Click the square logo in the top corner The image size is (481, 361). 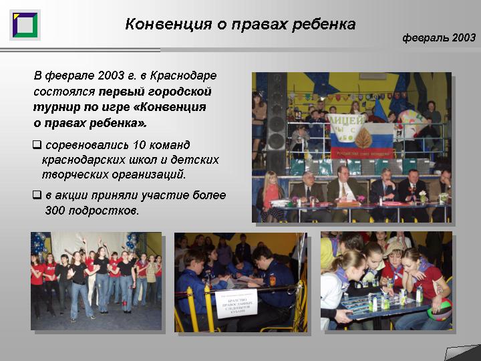(x=25, y=25)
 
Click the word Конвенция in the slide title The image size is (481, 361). (x=168, y=24)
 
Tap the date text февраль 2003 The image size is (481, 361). (x=439, y=37)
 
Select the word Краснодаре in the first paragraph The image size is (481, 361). (x=184, y=76)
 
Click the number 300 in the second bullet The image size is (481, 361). (x=55, y=211)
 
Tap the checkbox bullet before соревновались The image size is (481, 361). (x=37, y=144)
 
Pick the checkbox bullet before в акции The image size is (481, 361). (x=37, y=195)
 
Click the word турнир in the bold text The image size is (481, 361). (x=56, y=108)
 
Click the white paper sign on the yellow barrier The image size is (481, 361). (x=236, y=303)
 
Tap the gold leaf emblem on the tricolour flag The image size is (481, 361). (x=363, y=137)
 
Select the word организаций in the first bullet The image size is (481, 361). (x=149, y=175)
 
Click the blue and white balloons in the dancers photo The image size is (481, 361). (x=39, y=244)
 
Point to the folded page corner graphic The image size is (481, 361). (x=462, y=352)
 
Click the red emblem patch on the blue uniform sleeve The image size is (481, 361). (x=273, y=281)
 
